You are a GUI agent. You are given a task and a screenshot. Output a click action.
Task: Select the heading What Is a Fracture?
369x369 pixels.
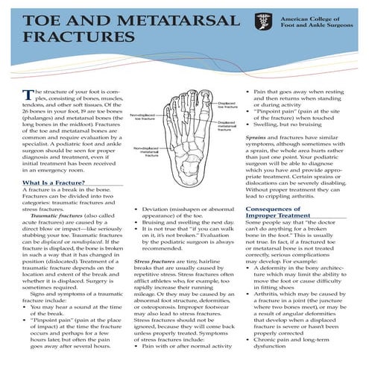point(53,183)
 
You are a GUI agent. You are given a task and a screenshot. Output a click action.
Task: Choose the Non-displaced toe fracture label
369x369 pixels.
point(143,117)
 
